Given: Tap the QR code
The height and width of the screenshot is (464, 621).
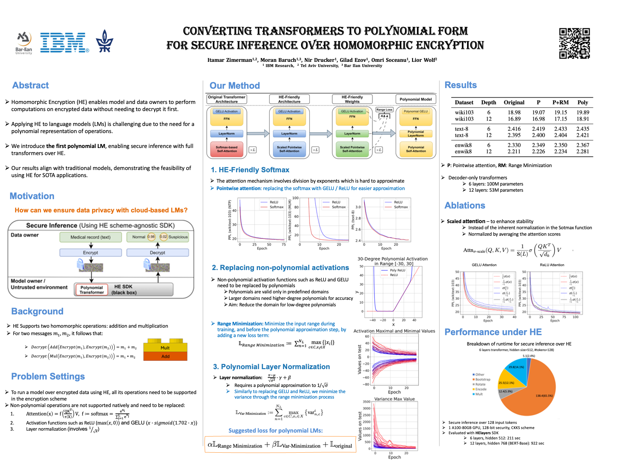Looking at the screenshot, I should click(x=574, y=43).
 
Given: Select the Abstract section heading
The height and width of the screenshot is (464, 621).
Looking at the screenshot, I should click(x=30, y=85).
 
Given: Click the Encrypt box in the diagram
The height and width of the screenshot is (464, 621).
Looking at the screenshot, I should click(x=91, y=253).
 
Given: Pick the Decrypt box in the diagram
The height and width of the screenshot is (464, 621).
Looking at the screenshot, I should click(x=158, y=253).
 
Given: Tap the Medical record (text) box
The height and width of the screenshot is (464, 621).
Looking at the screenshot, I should click(x=91, y=237).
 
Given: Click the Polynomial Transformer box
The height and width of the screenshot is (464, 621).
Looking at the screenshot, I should click(x=92, y=290).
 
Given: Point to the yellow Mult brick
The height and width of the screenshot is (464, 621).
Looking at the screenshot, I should click(x=165, y=347).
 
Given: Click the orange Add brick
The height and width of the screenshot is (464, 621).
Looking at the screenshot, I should click(x=165, y=356).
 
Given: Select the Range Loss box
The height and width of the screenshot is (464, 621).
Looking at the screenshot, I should click(x=384, y=110).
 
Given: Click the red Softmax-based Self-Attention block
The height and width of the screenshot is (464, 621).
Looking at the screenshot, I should click(x=227, y=149).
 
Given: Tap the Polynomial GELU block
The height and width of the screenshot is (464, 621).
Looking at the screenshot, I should click(x=416, y=111).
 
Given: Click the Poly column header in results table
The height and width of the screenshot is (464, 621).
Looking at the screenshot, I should click(x=583, y=102).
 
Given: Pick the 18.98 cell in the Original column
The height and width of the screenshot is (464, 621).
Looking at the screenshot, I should click(x=514, y=112).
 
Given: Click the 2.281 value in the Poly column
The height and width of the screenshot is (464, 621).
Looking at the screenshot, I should click(x=583, y=152).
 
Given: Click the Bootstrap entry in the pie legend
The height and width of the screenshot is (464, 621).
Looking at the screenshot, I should click(x=483, y=379).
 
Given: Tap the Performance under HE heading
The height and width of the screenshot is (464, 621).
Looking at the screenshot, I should click(x=493, y=332).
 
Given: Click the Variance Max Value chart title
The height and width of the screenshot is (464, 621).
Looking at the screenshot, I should click(x=394, y=399).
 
